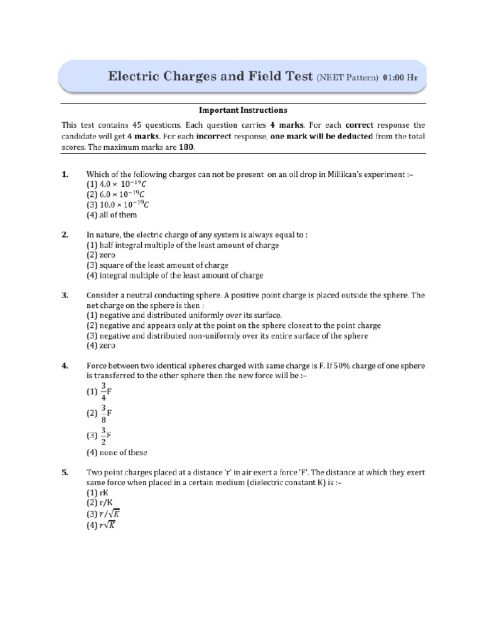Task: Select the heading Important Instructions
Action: [x=243, y=110]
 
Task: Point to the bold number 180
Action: [x=186, y=147]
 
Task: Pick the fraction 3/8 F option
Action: [x=100, y=413]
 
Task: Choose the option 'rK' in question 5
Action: [x=98, y=493]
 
